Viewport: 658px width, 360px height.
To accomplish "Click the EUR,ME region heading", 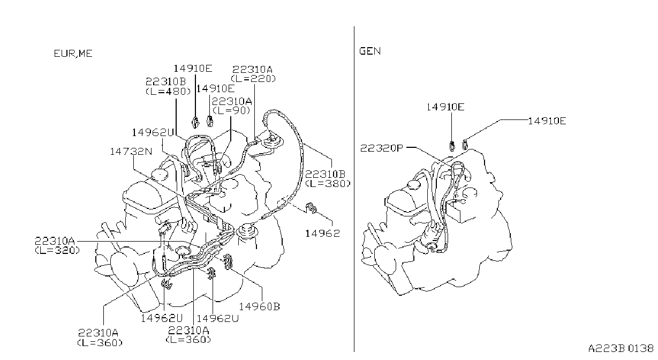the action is [73, 54].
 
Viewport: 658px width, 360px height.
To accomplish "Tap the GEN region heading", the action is [370, 51].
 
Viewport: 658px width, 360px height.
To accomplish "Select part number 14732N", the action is [131, 152].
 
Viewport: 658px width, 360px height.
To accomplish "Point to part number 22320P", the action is [382, 148].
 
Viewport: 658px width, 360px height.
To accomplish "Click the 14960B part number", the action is [259, 306].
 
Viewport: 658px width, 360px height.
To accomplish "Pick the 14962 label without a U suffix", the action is [322, 234].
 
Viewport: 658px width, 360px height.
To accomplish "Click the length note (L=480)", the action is [168, 92].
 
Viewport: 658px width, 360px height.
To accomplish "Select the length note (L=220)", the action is [253, 78].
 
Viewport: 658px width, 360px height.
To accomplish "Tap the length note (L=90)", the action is [231, 110].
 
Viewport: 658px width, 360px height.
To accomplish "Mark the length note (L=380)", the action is [328, 183].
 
